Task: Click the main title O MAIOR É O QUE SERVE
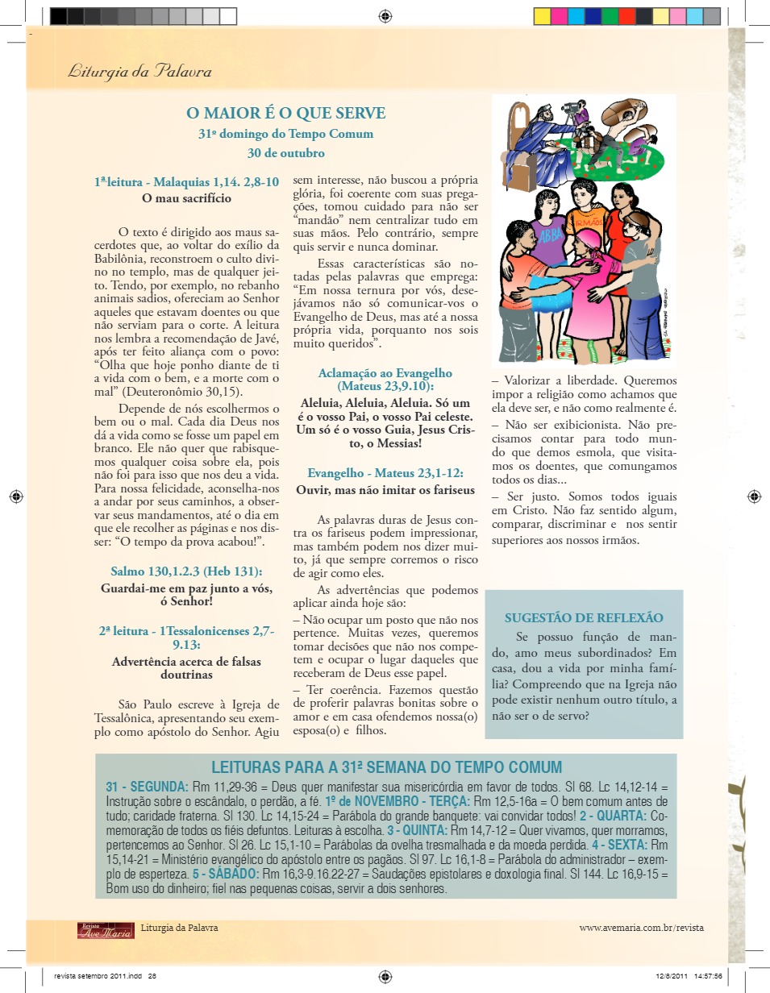286,114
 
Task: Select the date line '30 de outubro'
286,152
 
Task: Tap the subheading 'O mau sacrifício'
186,197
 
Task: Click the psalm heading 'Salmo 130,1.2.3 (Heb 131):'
186,571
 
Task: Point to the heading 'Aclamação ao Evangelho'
385,373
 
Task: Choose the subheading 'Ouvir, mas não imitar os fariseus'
385,489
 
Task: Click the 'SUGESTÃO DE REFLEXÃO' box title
584,618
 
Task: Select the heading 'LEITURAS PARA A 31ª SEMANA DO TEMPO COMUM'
386,767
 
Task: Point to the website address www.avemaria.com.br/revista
641,928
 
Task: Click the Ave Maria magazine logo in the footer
106,929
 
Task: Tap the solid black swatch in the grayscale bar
58,15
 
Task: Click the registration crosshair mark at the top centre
385,15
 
